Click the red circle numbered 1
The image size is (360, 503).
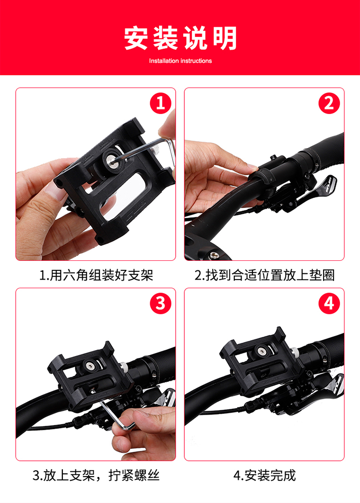pyautogui.click(x=160, y=103)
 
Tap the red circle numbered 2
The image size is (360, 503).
pyautogui.click(x=329, y=103)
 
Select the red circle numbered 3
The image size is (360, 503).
pyautogui.click(x=160, y=304)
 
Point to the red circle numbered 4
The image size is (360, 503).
pyautogui.click(x=329, y=304)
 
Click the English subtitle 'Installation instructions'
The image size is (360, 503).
pyautogui.click(x=180, y=61)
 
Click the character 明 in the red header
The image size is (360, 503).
pyautogui.click(x=225, y=38)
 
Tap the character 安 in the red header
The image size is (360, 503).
pyautogui.click(x=136, y=38)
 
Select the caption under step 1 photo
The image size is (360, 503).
pyautogui.click(x=96, y=275)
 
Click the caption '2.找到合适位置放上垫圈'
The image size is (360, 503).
pyautogui.click(x=264, y=275)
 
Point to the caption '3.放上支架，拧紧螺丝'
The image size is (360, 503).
pyautogui.click(x=96, y=475)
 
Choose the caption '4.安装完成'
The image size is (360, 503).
pyautogui.click(x=264, y=475)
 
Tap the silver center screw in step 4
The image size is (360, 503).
pyautogui.click(x=262, y=352)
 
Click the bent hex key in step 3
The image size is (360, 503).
pyautogui.click(x=115, y=414)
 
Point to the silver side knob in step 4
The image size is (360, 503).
pyautogui.click(x=295, y=353)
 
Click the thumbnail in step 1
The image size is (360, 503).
pyautogui.click(x=55, y=191)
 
